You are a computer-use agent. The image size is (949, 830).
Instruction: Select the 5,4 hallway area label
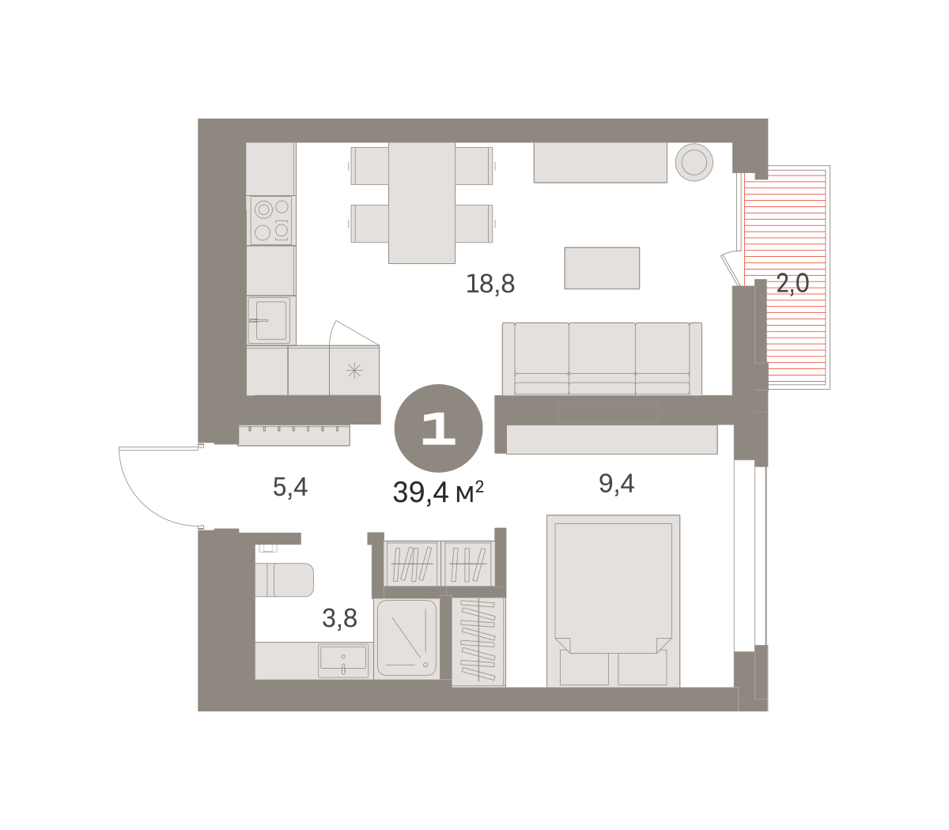290,487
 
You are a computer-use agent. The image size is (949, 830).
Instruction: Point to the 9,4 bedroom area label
616,483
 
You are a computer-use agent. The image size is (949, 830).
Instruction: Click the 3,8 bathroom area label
339,617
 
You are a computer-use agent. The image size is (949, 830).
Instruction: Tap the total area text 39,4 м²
438,492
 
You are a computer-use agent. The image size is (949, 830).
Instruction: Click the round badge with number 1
438,428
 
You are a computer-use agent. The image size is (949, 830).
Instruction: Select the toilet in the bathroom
285,579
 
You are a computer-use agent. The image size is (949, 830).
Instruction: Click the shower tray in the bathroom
406,638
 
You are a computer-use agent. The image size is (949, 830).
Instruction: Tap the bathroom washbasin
343,660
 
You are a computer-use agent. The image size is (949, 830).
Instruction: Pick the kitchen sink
270,320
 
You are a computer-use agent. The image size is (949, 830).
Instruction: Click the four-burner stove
271,221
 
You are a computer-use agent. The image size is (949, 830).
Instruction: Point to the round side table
694,162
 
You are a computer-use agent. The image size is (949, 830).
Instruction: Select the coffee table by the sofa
602,268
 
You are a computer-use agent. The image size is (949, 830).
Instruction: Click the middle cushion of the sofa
602,358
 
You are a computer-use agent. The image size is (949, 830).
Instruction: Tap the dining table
422,202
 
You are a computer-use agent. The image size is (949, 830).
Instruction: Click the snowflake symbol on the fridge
354,371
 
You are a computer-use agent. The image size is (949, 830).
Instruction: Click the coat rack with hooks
294,435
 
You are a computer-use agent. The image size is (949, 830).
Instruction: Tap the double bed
613,601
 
